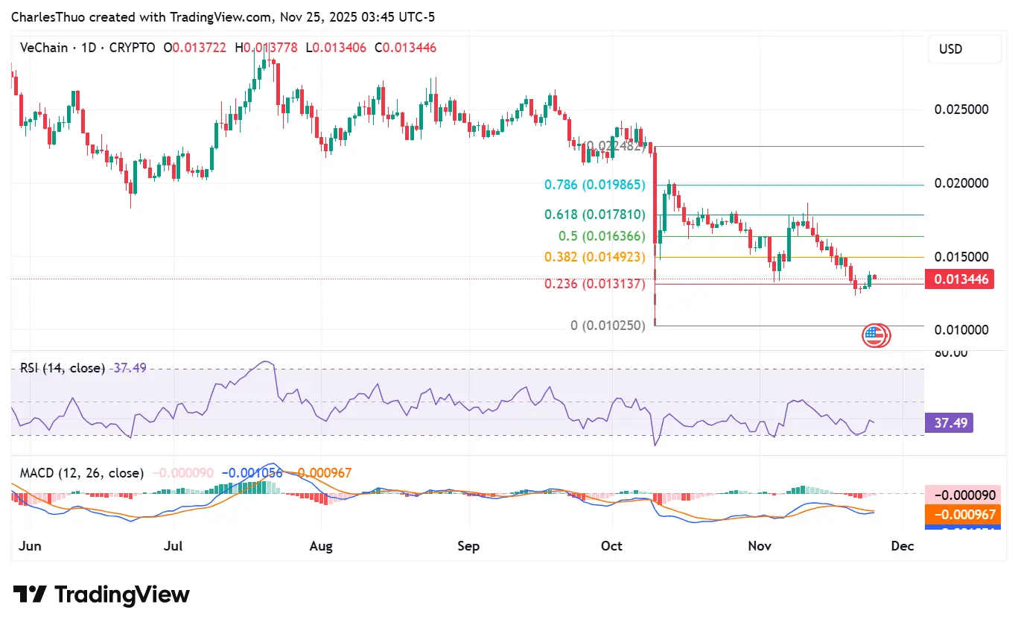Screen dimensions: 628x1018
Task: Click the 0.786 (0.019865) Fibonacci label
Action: (594, 185)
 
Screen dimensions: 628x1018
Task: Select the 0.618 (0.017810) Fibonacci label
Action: (594, 215)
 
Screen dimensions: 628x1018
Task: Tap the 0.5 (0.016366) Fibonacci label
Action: (602, 236)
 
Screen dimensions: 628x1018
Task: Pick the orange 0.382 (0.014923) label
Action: (594, 257)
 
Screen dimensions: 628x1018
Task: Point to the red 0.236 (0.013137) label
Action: (594, 284)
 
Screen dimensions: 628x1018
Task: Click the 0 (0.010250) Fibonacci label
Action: (607, 326)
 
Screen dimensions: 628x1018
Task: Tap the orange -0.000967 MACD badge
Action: (961, 515)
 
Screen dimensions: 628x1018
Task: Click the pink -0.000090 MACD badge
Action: (961, 495)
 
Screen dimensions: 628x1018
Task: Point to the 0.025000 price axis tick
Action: (961, 110)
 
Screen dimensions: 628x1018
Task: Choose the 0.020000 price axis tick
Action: (961, 183)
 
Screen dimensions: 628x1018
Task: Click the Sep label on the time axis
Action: (468, 546)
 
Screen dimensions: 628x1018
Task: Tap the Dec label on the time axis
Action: (903, 546)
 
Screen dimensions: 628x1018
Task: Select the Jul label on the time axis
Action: (174, 546)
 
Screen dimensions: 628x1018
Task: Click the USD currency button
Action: (964, 49)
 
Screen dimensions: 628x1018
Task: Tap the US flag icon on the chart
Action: (876, 336)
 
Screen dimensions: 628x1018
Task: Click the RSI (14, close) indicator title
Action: (63, 368)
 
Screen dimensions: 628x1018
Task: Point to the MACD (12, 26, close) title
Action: (82, 473)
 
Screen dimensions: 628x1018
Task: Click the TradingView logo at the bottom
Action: (101, 594)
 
